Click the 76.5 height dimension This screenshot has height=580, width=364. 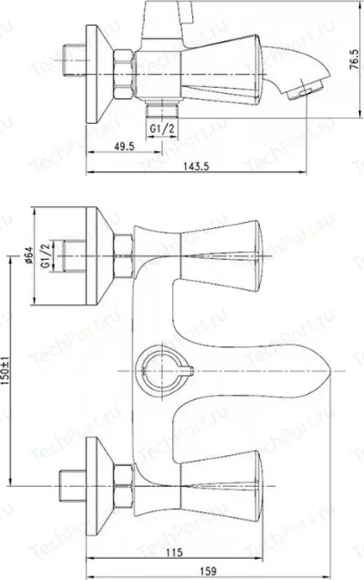tap(354, 60)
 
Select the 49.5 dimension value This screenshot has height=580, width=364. tap(124, 147)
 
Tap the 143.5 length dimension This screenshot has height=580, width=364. tap(196, 167)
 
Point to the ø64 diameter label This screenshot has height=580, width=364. tap(29, 255)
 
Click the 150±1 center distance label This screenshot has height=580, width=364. tap(6, 370)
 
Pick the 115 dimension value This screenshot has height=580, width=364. tap(174, 552)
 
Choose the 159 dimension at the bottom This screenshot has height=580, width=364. tap(208, 572)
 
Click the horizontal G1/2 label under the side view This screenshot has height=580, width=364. tap(162, 128)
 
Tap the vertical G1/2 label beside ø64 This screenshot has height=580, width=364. tap(44, 256)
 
